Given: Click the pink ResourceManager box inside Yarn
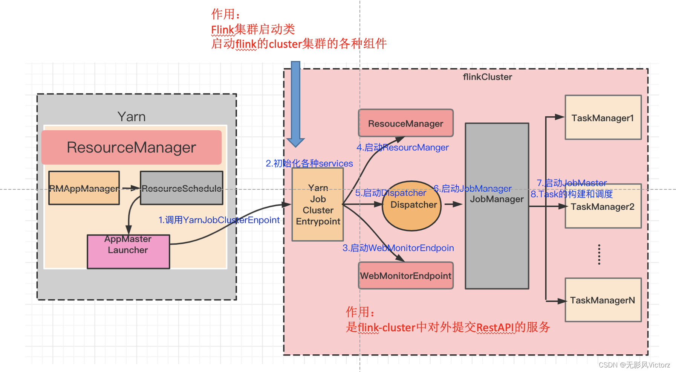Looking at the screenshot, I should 131,148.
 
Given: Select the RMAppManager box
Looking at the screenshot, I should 84,188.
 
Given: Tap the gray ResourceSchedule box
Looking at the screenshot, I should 181,188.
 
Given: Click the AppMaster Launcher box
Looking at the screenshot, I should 128,252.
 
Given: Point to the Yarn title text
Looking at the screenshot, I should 131,117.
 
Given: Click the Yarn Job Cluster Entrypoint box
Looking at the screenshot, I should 318,204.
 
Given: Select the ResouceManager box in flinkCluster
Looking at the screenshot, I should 405,123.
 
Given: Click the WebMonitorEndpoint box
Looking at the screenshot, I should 405,276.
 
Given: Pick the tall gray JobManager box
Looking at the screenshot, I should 497,233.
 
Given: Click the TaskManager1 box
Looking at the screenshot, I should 603,118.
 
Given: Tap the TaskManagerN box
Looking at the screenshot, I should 603,300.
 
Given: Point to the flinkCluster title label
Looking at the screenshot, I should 487,77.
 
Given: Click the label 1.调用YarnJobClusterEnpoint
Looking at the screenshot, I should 219,220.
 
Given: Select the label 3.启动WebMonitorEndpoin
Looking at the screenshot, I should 398,248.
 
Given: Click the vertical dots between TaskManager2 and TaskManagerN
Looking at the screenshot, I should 599,255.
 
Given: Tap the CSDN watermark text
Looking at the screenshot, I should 634,365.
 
